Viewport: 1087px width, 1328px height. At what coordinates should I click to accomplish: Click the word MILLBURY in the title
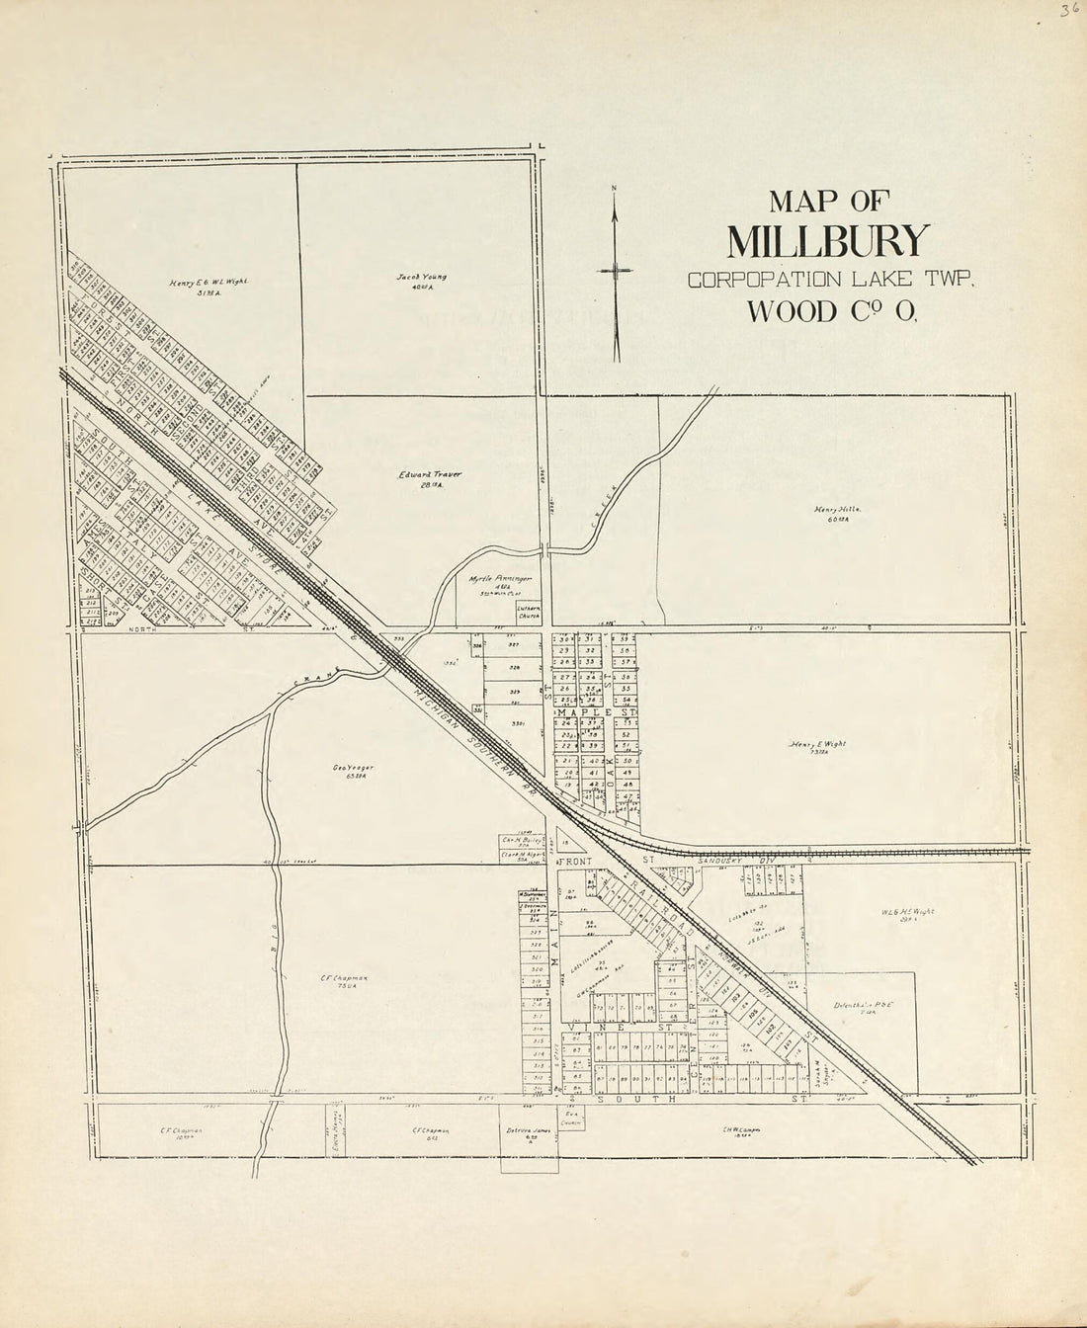pos(828,240)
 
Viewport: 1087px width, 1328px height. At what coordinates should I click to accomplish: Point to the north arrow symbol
pos(615,271)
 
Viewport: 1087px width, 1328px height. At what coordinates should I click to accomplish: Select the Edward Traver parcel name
pos(430,477)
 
